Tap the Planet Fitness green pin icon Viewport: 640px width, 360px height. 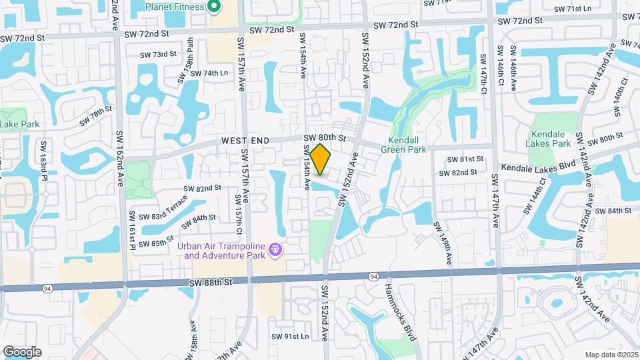(x=214, y=7)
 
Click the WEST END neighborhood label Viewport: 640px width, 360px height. (x=245, y=141)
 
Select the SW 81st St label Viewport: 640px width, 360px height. (x=465, y=159)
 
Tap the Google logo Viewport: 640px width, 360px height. (x=21, y=351)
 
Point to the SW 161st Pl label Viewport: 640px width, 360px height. (x=133, y=230)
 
